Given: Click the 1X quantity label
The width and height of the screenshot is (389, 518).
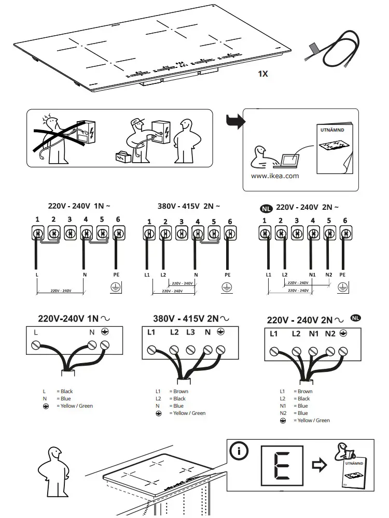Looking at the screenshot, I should pos(263,74).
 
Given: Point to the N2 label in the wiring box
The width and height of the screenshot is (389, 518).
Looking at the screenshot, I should pos(330,334).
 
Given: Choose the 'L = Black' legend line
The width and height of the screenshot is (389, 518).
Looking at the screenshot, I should pos(59,391).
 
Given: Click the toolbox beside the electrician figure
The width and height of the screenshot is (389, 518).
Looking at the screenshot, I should pos(123,155).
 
